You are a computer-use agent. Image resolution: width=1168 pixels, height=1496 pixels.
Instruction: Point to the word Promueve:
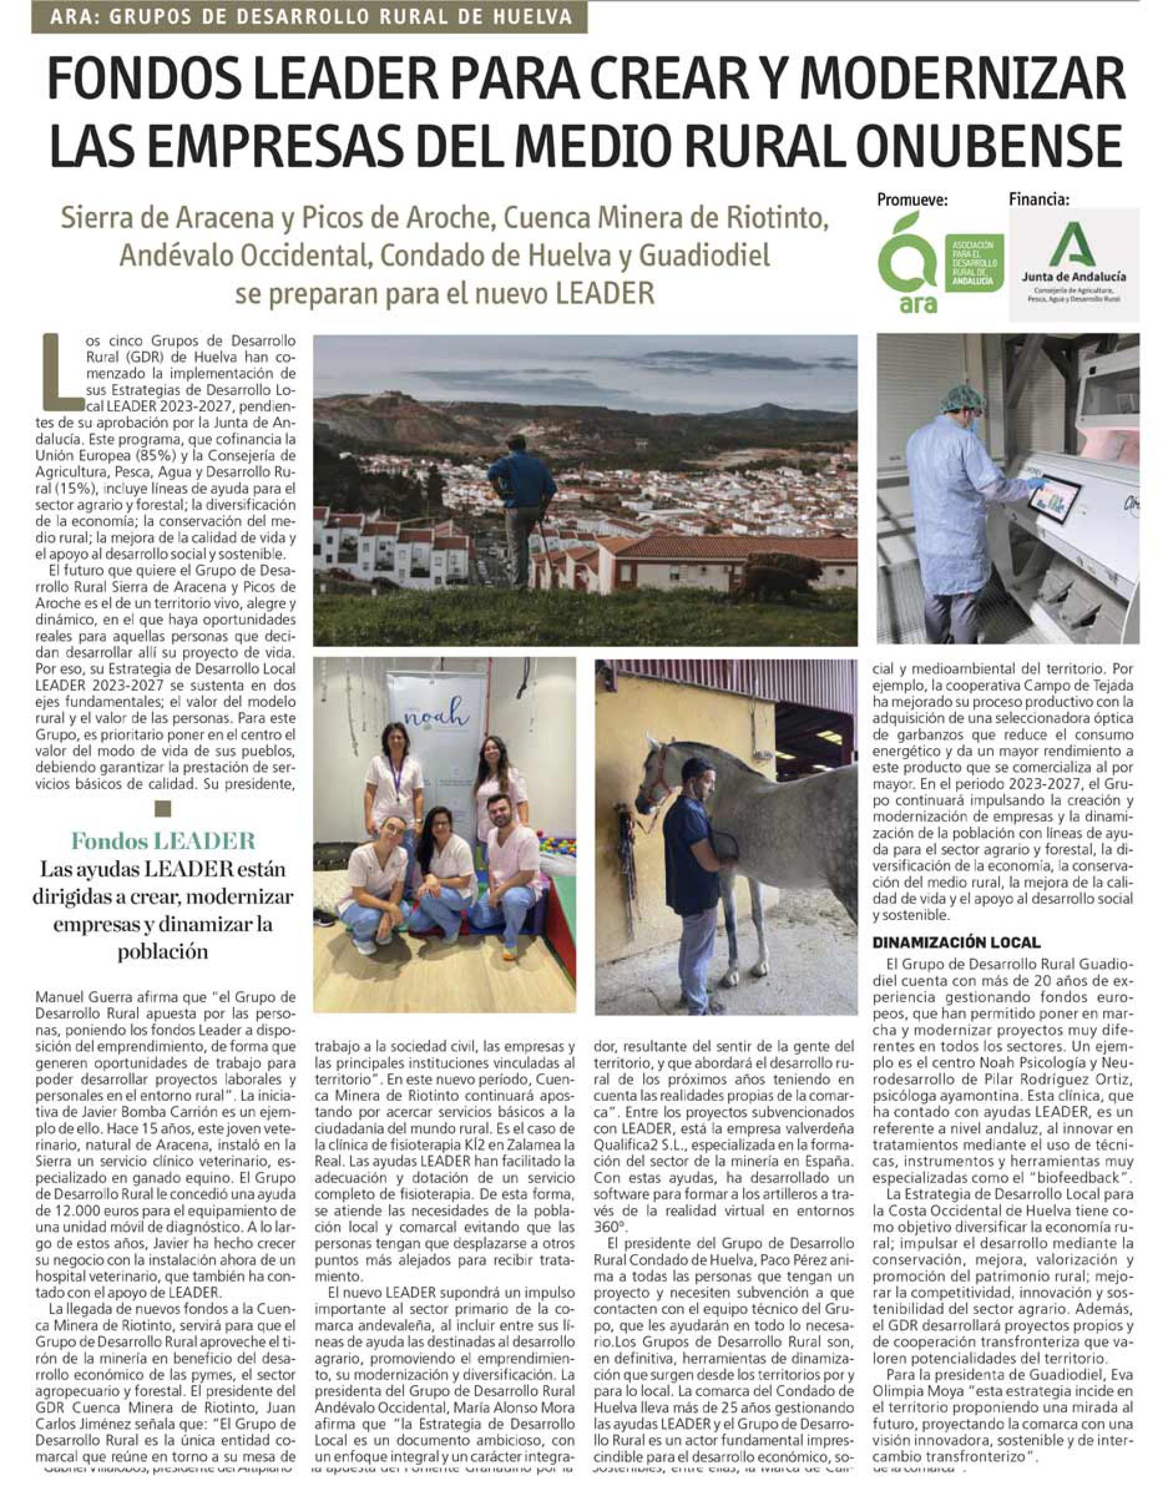click(x=913, y=201)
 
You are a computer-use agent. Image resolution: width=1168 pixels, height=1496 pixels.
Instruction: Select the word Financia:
click(x=1038, y=200)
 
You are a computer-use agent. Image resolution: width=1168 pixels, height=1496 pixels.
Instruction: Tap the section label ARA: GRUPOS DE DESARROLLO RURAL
click(x=309, y=16)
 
